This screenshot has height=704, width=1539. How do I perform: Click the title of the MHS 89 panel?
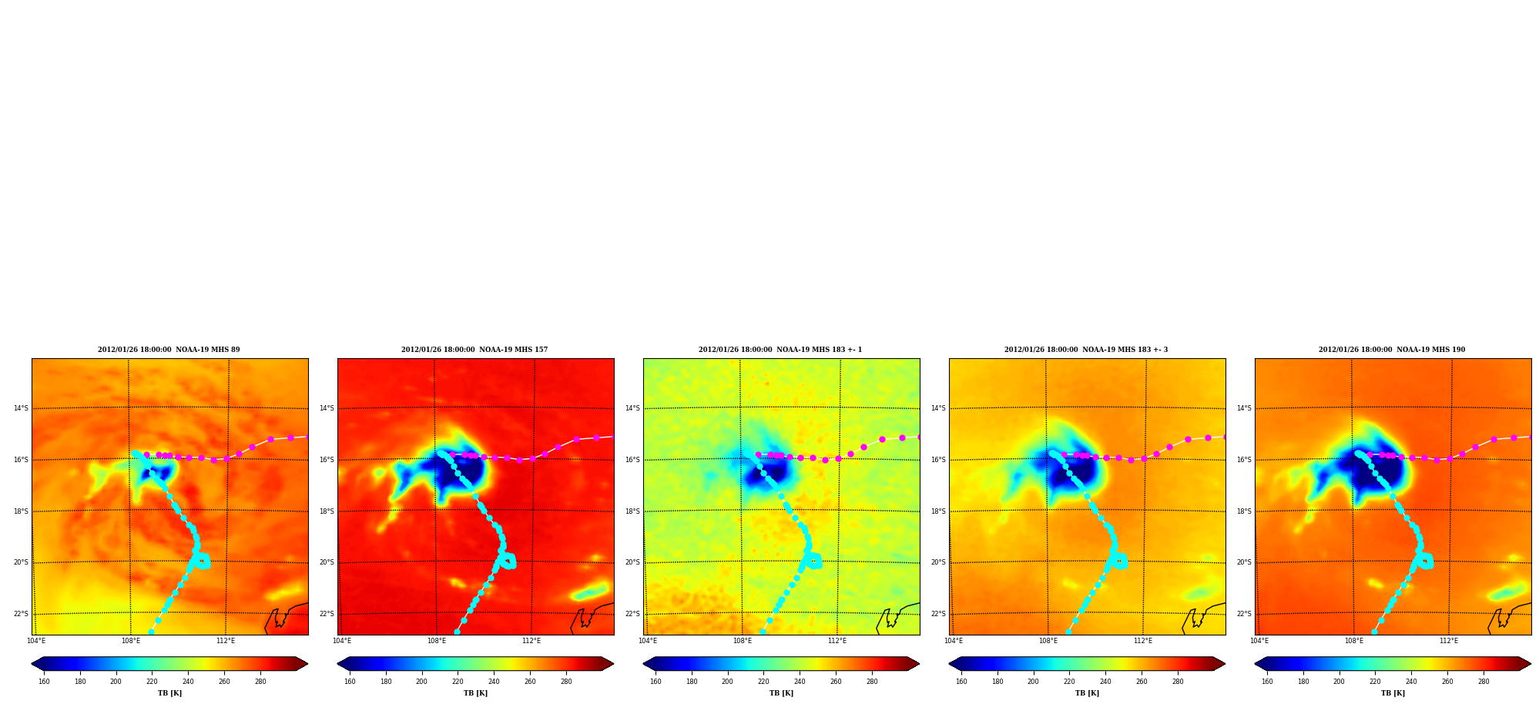169,350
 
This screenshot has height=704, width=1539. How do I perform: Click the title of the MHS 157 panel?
474,350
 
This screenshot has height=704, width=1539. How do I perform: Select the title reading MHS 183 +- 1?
780,350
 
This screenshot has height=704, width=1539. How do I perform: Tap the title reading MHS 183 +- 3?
1086,350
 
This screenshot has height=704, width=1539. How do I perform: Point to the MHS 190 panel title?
1392,350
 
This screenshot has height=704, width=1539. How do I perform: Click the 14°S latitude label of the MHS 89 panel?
21,408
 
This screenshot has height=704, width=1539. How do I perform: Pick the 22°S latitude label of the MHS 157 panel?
327,614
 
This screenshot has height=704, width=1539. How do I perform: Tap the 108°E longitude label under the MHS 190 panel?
1354,641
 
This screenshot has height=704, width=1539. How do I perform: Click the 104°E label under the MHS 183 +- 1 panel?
648,641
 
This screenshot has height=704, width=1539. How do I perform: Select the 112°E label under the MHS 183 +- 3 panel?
1143,641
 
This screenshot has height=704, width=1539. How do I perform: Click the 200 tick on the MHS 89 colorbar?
116,681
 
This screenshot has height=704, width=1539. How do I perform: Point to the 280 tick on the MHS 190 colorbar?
1484,681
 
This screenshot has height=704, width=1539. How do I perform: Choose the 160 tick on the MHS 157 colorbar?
350,681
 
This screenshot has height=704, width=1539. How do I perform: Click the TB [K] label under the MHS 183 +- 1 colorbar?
781,693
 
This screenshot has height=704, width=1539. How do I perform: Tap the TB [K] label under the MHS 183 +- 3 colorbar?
1087,693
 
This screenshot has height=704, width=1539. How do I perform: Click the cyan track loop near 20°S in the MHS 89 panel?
203,561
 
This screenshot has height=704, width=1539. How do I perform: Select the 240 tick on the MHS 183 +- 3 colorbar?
1105,681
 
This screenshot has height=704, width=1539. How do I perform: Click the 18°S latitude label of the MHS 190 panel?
1244,511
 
